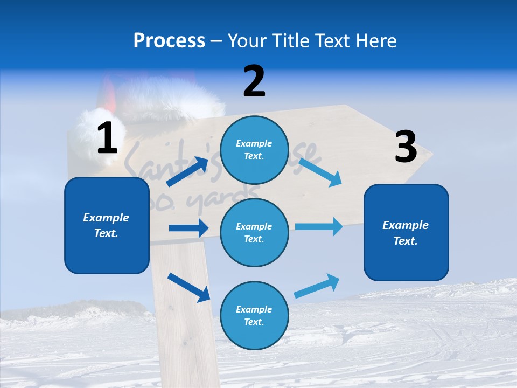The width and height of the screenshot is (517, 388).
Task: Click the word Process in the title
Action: click(169, 41)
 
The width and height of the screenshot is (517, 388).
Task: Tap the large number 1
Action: click(107, 138)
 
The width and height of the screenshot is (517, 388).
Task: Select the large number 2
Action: click(254, 81)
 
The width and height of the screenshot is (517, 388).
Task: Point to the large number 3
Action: click(406, 147)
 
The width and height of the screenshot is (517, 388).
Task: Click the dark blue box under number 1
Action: click(107, 225)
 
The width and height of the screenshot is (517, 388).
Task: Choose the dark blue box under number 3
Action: click(406, 232)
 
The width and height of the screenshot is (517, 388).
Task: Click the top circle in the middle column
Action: click(254, 150)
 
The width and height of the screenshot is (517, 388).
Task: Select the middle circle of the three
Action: click(254, 232)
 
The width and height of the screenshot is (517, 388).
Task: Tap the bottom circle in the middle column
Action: click(254, 315)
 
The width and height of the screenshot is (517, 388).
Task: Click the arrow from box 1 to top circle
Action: click(187, 172)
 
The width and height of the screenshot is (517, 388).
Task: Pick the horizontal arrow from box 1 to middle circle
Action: click(188, 228)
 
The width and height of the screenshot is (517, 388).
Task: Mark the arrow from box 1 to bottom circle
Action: click(188, 287)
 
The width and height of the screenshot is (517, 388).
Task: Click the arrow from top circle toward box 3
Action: click(320, 172)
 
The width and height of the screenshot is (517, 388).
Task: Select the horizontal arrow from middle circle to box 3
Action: click(318, 227)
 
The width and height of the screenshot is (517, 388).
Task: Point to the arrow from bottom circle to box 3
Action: click(317, 286)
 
